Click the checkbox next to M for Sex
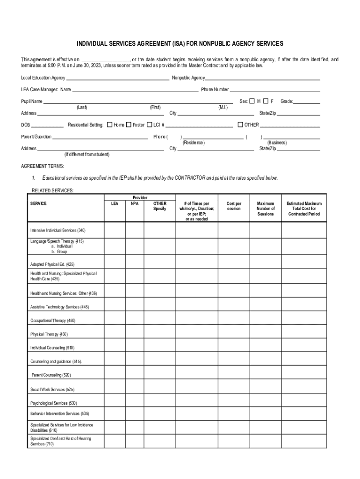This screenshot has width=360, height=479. [252, 101]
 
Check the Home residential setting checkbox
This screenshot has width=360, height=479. [109, 125]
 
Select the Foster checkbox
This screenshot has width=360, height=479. [129, 125]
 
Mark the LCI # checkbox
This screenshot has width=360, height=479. [150, 125]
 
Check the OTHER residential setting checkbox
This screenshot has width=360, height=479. [240, 125]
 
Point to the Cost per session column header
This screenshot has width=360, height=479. [234, 206]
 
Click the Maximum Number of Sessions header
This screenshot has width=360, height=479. [266, 209]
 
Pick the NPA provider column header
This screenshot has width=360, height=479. [135, 203]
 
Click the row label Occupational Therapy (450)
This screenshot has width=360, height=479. [53, 321]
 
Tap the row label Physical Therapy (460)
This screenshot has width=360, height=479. [49, 334]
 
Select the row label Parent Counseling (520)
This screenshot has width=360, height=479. [51, 375]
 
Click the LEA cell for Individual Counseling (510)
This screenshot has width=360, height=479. [115, 348]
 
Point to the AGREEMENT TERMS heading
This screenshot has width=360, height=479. [43, 166]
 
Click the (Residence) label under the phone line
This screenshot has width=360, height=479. [194, 143]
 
